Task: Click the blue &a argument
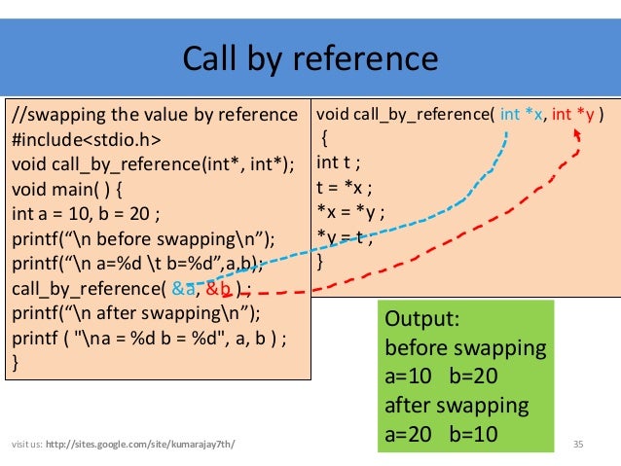[x=182, y=288]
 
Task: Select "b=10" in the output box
[x=474, y=432]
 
